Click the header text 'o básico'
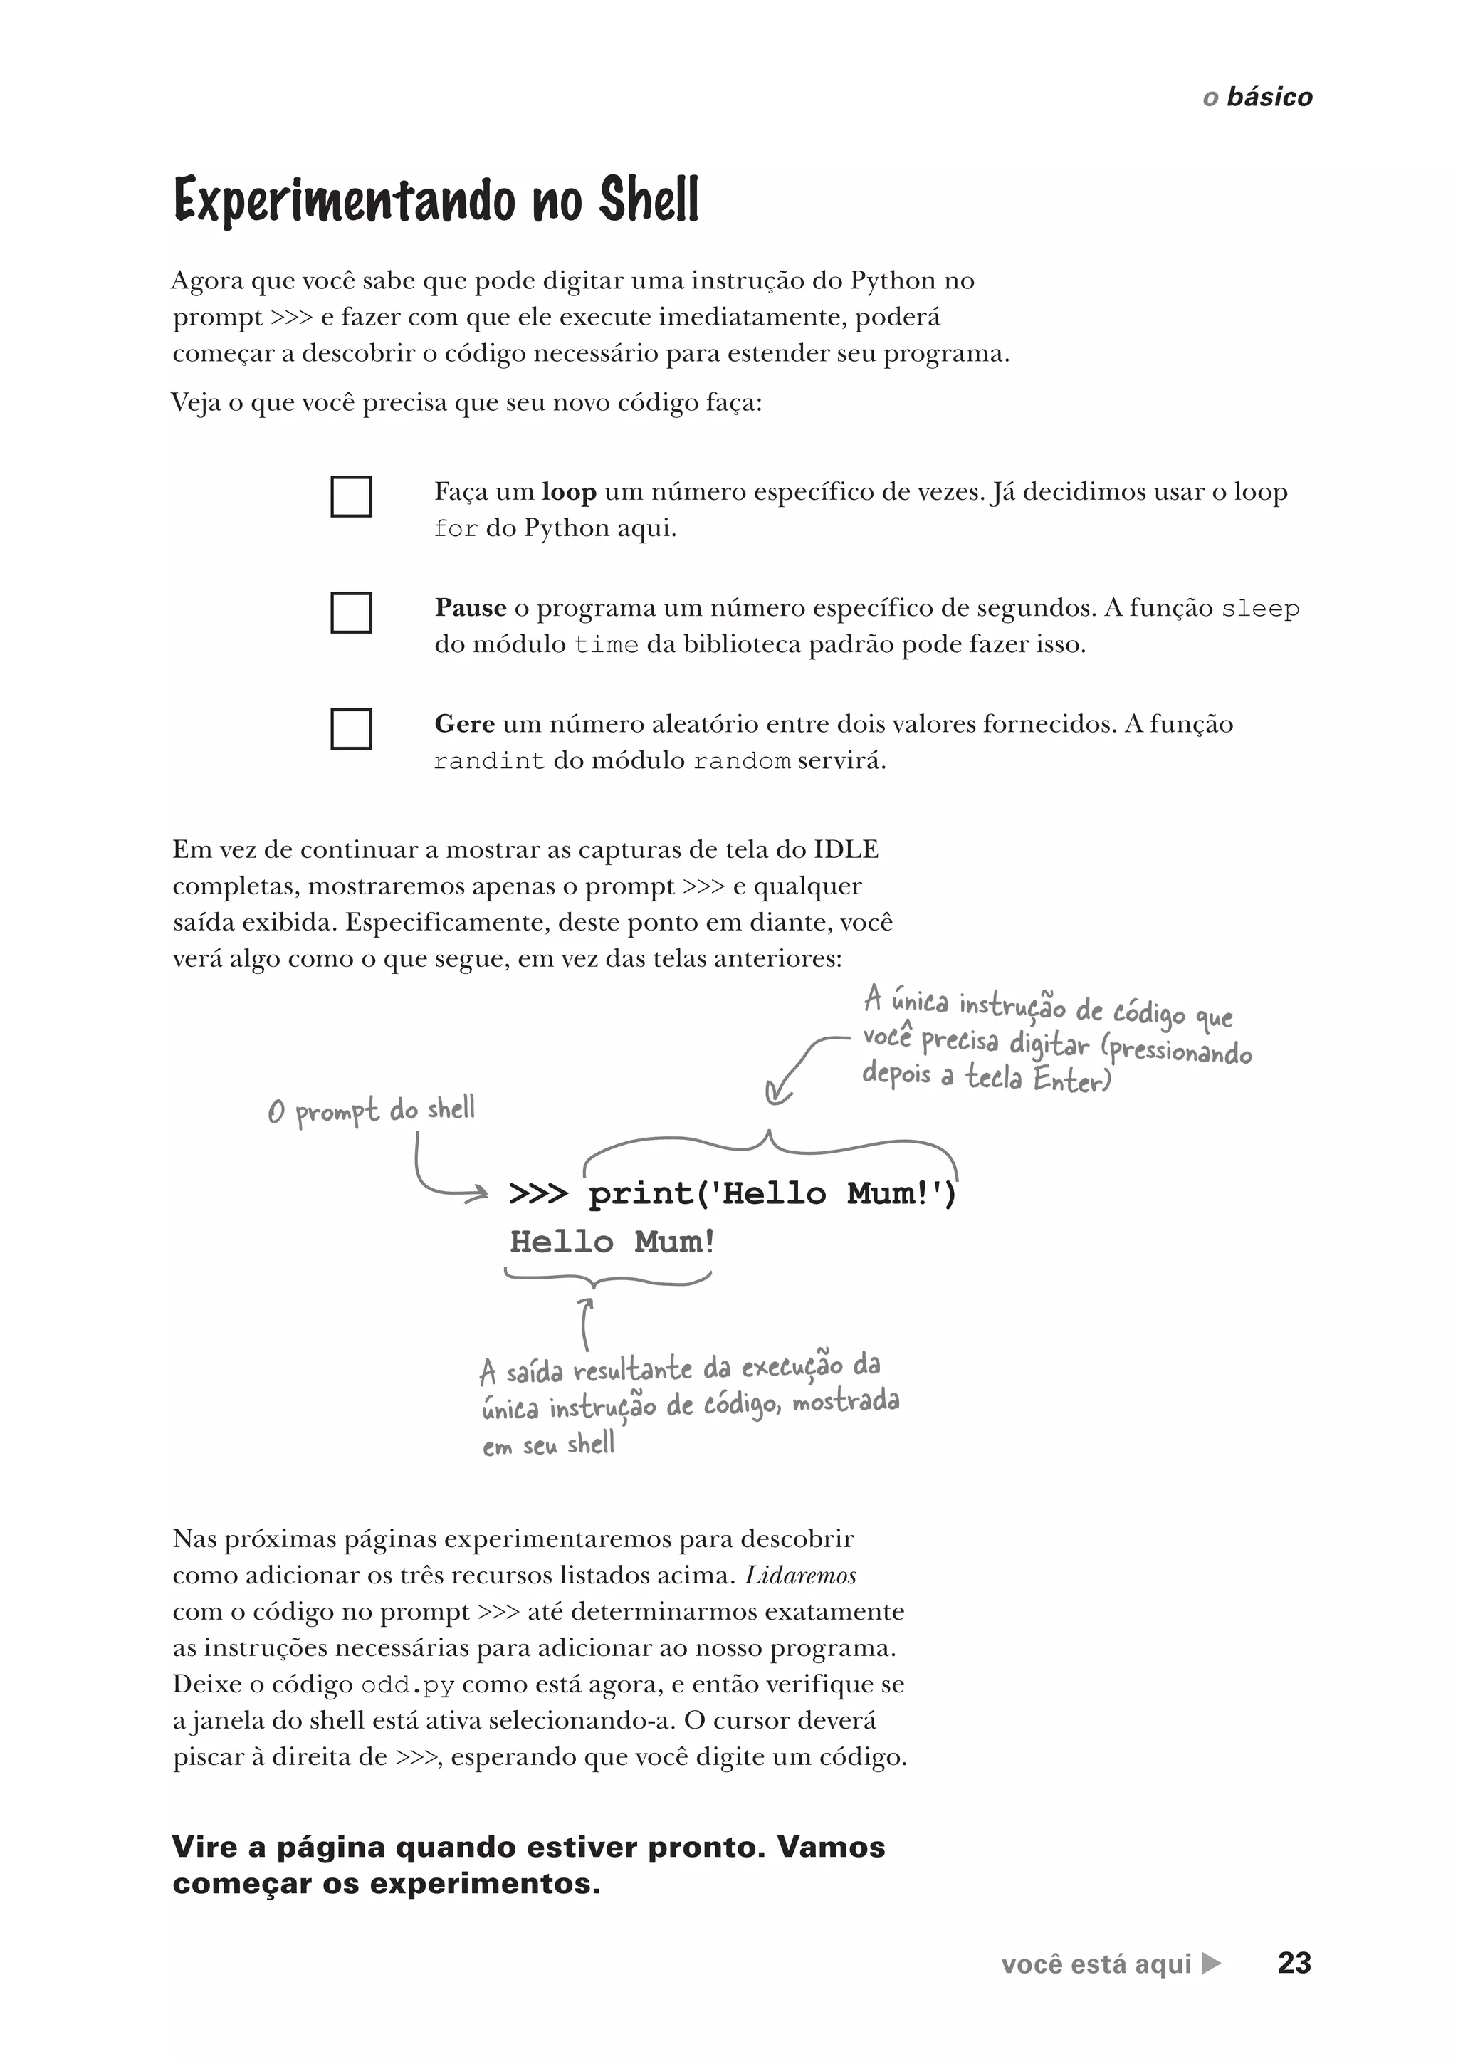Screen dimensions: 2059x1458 (1257, 97)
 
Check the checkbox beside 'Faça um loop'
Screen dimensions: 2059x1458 (351, 496)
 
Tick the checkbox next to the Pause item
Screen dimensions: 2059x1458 (351, 612)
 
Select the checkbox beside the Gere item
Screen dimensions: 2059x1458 (351, 728)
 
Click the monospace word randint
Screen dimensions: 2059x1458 (488, 762)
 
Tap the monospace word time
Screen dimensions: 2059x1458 (606, 646)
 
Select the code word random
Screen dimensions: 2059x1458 (742, 762)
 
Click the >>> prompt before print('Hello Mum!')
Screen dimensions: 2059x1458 (537, 1194)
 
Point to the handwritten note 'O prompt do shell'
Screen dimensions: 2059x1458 (371, 1111)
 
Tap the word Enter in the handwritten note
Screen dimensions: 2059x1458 (1070, 1077)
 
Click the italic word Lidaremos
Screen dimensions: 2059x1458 (800, 1576)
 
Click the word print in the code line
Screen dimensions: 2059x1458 (641, 1194)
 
